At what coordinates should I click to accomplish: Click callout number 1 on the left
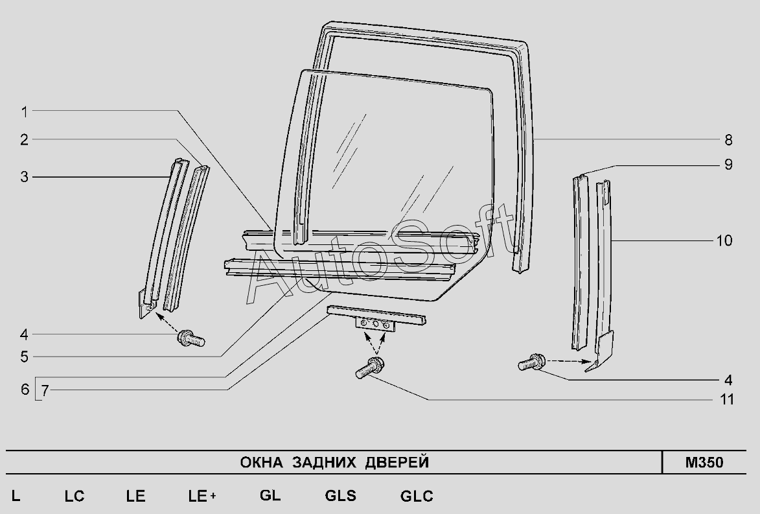click(x=24, y=111)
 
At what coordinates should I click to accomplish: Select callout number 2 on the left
click(x=24, y=139)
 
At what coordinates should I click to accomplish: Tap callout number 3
click(x=24, y=177)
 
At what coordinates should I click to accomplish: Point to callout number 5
click(x=24, y=356)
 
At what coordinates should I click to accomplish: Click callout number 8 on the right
click(x=728, y=139)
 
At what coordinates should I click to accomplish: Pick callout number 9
click(x=728, y=165)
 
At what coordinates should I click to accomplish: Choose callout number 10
click(x=724, y=241)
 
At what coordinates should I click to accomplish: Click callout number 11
click(x=728, y=399)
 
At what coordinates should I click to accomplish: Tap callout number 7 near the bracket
click(x=45, y=390)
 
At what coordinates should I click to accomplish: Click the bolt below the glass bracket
click(x=369, y=369)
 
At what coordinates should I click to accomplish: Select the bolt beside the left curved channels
click(x=191, y=338)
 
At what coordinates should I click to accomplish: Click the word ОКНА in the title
click(x=262, y=463)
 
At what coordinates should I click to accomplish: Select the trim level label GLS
click(x=340, y=496)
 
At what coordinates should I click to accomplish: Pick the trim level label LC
click(x=75, y=496)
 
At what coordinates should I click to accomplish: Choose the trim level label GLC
click(x=417, y=496)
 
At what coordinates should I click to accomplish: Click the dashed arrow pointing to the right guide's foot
click(x=568, y=360)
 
